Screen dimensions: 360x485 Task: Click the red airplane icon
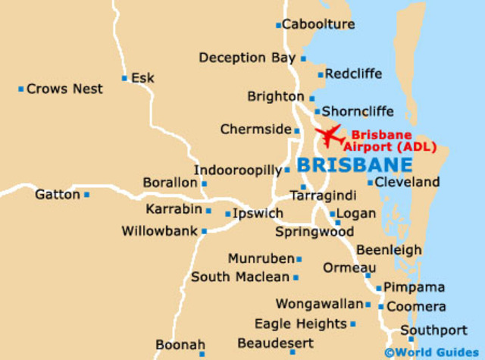click(330, 135)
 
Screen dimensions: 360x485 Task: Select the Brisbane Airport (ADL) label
click(387, 140)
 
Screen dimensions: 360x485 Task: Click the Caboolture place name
click(318, 24)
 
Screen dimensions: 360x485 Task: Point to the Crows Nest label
click(64, 89)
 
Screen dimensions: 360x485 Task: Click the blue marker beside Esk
click(124, 78)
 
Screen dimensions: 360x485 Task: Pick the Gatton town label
click(58, 195)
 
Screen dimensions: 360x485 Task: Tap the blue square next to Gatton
click(87, 195)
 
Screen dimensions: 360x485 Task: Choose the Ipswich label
click(258, 213)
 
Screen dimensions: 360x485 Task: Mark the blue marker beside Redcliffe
click(321, 74)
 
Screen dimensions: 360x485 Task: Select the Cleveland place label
click(407, 182)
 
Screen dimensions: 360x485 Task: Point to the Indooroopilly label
click(238, 171)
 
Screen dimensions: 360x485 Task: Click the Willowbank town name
click(159, 230)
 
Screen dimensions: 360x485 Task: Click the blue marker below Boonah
click(202, 353)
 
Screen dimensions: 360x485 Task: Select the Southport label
click(434, 330)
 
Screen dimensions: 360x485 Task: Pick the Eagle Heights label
click(300, 324)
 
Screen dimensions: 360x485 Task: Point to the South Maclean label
click(240, 277)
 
